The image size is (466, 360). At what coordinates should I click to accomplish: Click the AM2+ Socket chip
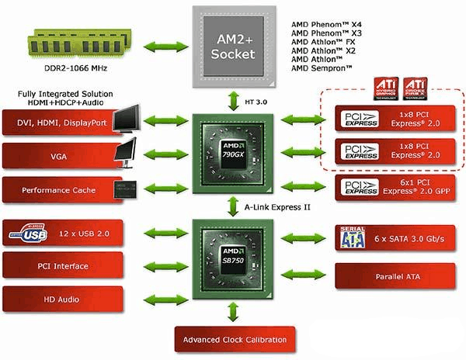click(232, 46)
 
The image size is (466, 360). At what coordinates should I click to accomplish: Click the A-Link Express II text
click(278, 207)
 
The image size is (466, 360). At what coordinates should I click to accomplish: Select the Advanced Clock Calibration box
click(235, 339)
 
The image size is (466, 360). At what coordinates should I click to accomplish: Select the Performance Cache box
click(54, 189)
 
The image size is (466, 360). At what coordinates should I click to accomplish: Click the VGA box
click(54, 155)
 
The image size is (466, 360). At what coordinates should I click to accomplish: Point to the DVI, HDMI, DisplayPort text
click(56, 121)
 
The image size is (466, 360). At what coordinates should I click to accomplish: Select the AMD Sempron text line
click(321, 69)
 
